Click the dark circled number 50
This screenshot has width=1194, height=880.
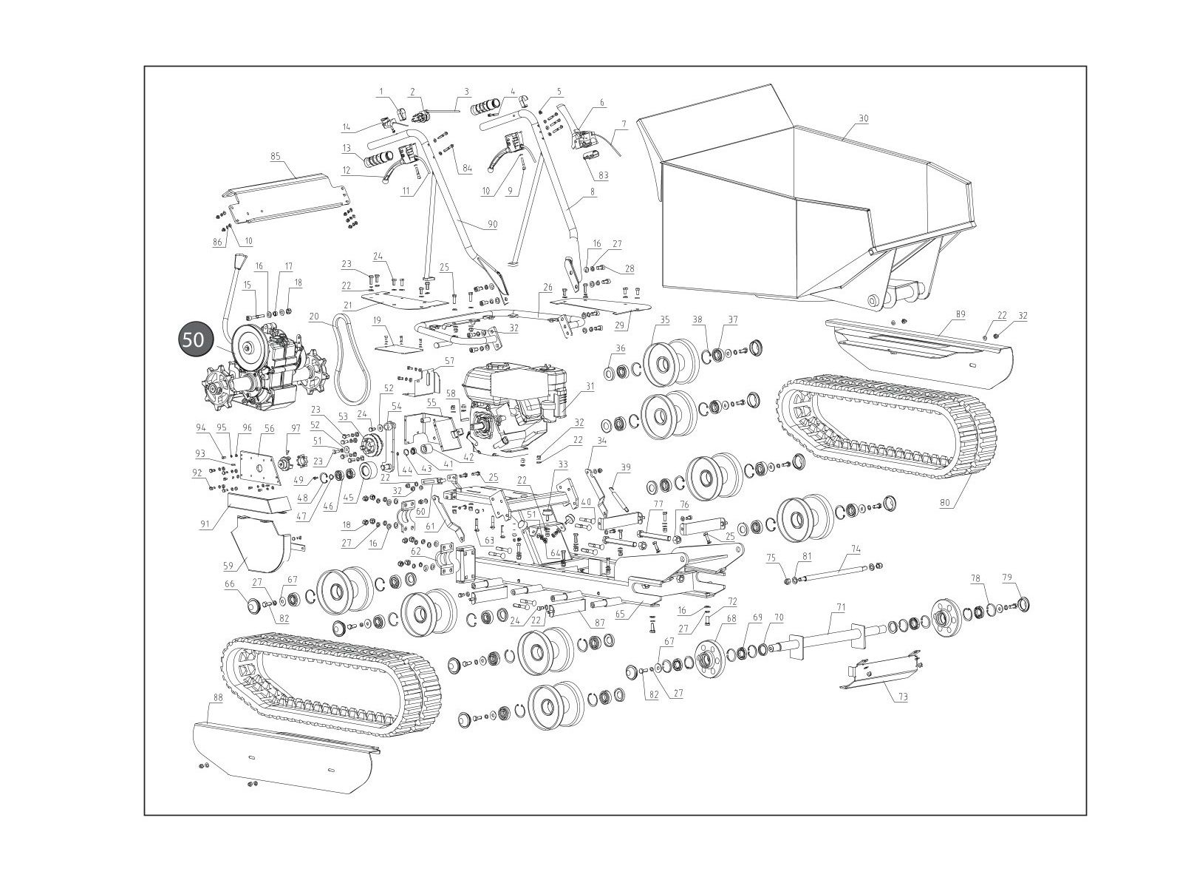(194, 339)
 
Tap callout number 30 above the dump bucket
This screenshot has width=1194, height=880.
(864, 118)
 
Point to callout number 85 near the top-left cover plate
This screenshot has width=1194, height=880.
(276, 156)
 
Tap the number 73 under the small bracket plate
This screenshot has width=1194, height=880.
(903, 697)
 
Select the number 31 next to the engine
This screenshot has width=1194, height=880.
(590, 385)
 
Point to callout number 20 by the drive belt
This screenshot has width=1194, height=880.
(314, 317)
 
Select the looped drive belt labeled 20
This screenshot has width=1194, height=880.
(345, 355)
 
